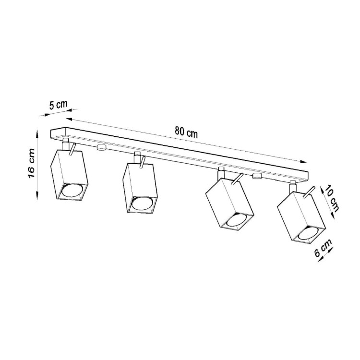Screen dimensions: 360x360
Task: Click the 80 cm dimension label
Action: pos(186,133)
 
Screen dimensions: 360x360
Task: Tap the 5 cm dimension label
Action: pos(58,105)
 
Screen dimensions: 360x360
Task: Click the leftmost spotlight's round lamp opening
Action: pos(72,191)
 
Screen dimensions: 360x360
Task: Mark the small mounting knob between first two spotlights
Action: pos(101,148)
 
